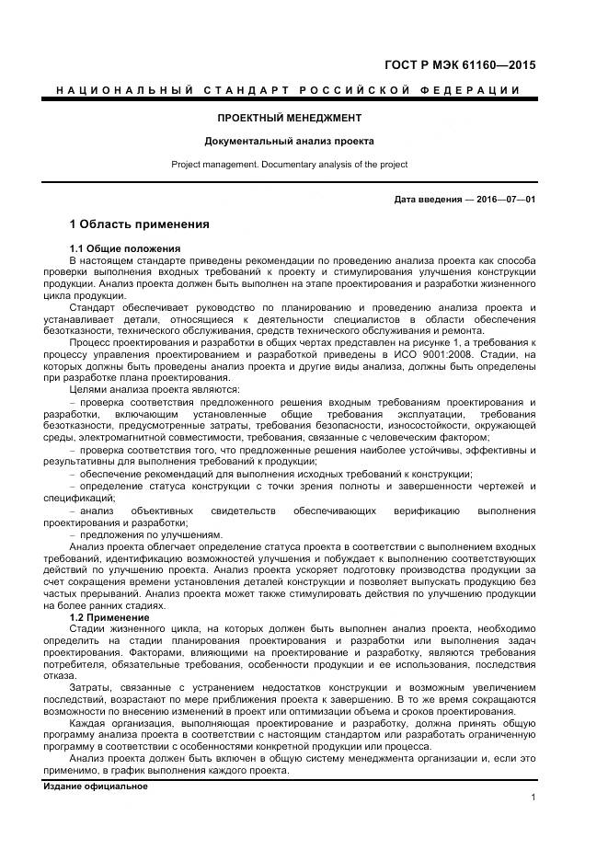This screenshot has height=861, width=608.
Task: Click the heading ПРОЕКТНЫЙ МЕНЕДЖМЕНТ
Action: tap(289, 118)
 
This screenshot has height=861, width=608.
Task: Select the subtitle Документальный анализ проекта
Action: tap(289, 142)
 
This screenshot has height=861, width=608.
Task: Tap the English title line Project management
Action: tap(289, 165)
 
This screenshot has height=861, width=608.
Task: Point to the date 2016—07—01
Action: tap(503, 200)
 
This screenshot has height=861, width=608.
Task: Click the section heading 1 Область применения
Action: tap(140, 224)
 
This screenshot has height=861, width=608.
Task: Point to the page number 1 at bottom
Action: tap(533, 797)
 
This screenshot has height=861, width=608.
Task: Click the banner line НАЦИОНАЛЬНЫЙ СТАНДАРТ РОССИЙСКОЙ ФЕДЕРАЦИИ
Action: tap(289, 89)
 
